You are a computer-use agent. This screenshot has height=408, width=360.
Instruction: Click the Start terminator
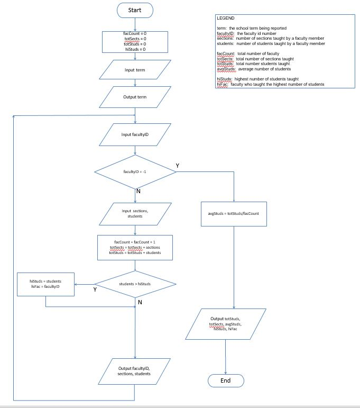135,10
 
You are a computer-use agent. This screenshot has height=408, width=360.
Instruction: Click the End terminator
225,380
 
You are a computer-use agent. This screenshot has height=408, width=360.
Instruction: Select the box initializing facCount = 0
135,41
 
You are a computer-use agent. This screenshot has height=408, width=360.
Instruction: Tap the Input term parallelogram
135,70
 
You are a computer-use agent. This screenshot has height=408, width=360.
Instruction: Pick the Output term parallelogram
135,97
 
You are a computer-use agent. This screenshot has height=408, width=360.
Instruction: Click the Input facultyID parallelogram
135,134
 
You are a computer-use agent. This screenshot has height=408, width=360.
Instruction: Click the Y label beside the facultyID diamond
178,166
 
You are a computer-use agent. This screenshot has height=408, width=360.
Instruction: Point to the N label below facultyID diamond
139,191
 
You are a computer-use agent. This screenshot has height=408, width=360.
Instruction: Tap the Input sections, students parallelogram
135,213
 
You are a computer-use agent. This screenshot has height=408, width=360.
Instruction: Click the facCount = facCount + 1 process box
135,247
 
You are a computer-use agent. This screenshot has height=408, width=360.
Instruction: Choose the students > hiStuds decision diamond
135,284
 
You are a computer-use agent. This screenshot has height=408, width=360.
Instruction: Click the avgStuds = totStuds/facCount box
233,213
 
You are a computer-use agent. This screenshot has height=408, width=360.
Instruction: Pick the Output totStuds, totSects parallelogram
225,324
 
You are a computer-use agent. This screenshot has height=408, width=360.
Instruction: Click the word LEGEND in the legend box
226,19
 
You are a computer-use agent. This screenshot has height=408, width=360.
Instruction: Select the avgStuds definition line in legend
254,69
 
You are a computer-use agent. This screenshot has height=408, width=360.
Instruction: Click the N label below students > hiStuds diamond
140,302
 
